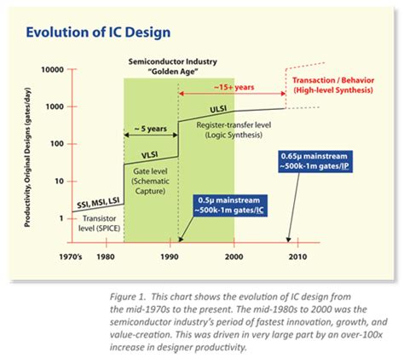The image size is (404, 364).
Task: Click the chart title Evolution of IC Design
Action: pos(99,32)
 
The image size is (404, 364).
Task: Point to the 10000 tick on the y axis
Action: pos(54,69)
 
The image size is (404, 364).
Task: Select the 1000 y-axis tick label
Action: pos(56,106)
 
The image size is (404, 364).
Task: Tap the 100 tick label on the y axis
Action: pos(59,143)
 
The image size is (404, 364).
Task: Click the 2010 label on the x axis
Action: pos(298,256)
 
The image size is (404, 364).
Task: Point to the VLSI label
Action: pos(150,155)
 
